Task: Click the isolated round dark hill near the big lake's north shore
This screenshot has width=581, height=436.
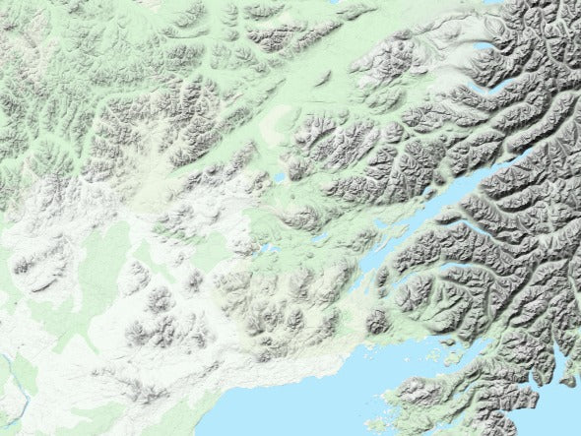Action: pyautogui.click(x=376, y=321)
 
